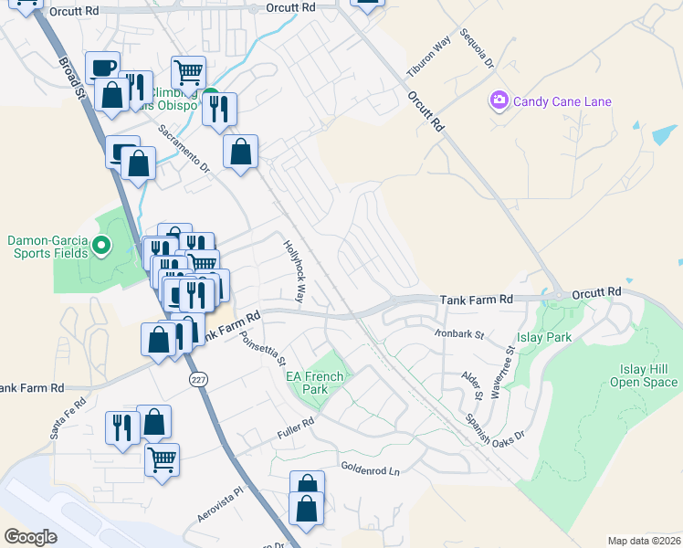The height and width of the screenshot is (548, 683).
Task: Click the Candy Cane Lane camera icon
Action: pos(499,100)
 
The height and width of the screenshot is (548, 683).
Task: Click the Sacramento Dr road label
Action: pos(184,149)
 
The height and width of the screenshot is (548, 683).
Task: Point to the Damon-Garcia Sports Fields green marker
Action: pos(101,245)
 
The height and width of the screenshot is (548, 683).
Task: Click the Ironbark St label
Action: pos(458,335)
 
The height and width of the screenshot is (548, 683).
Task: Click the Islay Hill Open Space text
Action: pos(644,375)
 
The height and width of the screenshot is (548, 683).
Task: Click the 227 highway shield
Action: pos(197,378)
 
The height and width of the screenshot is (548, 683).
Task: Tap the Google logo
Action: pos(31,537)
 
